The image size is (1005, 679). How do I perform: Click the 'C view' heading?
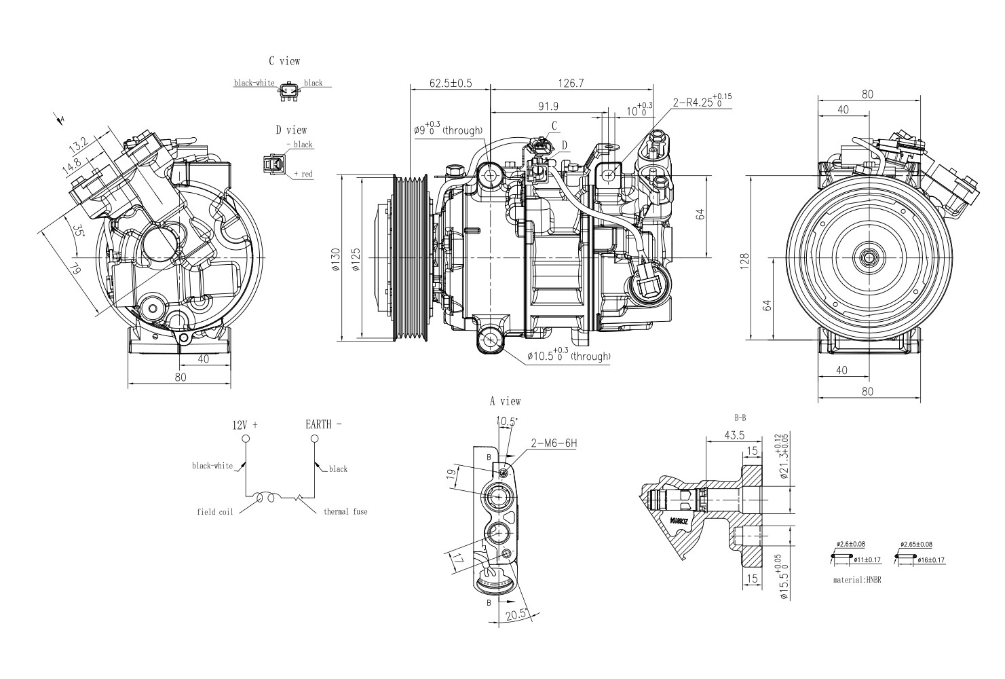(284, 61)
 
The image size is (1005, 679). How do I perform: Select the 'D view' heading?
(290, 130)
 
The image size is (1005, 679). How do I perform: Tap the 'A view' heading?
(506, 401)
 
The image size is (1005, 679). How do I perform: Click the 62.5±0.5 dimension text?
(451, 84)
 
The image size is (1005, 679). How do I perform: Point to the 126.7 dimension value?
(571, 84)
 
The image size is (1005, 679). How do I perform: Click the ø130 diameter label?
(335, 259)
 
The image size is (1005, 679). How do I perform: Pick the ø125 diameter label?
(356, 259)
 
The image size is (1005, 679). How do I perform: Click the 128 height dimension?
(745, 259)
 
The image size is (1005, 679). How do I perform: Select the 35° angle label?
(79, 230)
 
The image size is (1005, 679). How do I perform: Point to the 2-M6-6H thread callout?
(554, 443)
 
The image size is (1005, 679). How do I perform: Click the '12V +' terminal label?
(245, 425)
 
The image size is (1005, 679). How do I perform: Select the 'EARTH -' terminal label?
(323, 424)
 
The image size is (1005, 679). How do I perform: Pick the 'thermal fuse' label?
(345, 511)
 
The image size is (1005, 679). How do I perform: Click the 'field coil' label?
(215, 511)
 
